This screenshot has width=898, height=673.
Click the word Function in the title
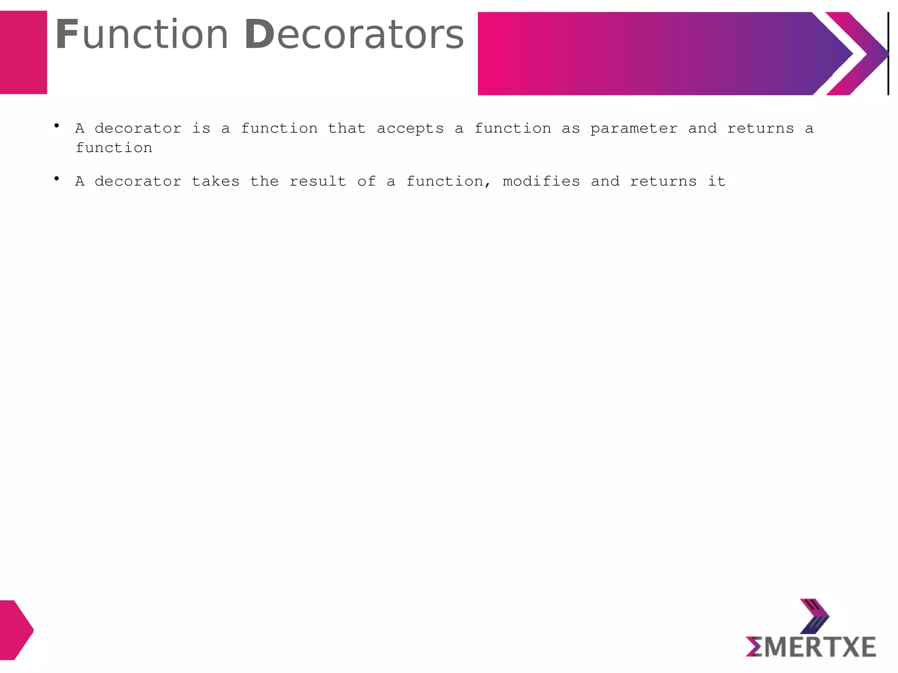[x=142, y=35]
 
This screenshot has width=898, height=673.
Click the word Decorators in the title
[x=353, y=35]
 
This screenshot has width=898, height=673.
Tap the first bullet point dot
[x=57, y=126]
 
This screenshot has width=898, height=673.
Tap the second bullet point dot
[x=57, y=179]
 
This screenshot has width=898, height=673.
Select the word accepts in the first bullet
[x=410, y=129]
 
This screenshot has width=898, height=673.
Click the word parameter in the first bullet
[x=634, y=129]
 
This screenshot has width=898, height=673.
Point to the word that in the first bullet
[x=346, y=128]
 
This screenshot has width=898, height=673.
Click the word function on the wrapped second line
[x=114, y=148]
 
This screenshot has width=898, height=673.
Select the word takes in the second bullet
[x=216, y=181]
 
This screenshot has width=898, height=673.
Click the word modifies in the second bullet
[x=541, y=181]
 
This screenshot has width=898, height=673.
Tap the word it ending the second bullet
[x=716, y=181]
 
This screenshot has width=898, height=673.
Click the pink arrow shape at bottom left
[x=16, y=630]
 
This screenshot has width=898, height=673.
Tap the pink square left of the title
[x=23, y=53]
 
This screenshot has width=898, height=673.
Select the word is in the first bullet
[x=201, y=128]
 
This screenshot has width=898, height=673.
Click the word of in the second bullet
[x=367, y=181]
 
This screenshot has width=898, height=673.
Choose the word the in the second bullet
[x=264, y=181]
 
